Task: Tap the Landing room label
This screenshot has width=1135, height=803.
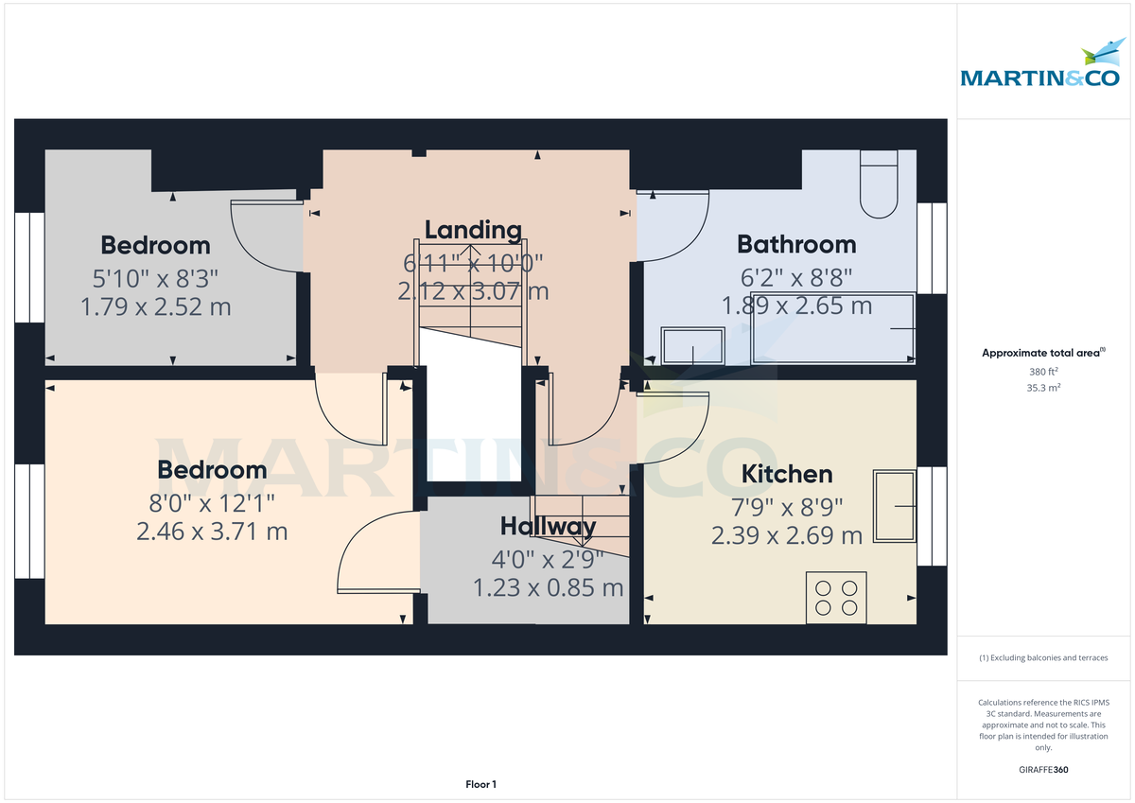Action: (x=473, y=230)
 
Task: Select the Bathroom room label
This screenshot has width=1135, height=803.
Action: (x=796, y=244)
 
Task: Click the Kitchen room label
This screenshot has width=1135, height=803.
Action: (x=786, y=474)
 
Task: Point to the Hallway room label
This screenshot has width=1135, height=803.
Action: (x=549, y=526)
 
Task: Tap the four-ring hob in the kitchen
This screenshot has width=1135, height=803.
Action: (x=836, y=597)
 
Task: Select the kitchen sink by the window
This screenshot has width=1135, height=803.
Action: (x=895, y=507)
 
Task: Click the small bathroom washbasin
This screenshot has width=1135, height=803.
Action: (x=693, y=346)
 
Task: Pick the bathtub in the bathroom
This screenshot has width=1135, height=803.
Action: (x=833, y=328)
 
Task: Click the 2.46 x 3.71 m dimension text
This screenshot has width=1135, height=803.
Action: (x=212, y=532)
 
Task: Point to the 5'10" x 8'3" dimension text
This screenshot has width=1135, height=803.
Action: (x=155, y=276)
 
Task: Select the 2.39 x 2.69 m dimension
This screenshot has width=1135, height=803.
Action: (x=786, y=536)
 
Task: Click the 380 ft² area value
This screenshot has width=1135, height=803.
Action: (x=1043, y=372)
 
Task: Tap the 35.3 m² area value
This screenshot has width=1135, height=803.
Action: (x=1043, y=388)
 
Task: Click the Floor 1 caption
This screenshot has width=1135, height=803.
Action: (x=480, y=784)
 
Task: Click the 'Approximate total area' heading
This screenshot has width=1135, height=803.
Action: (x=1041, y=353)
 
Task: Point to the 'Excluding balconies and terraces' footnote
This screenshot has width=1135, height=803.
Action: (x=1043, y=657)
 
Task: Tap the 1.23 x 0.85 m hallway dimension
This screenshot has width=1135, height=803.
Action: (x=549, y=588)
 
